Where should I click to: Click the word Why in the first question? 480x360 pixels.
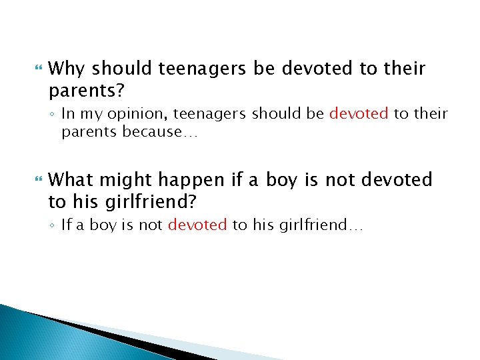[67, 69]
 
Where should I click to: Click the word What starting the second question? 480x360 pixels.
[71, 179]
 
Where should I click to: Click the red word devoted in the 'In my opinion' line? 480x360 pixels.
[358, 113]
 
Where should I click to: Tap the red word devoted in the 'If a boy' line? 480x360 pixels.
[197, 225]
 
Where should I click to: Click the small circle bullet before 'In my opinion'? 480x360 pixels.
[53, 114]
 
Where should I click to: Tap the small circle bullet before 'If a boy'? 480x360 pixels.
[53, 225]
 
